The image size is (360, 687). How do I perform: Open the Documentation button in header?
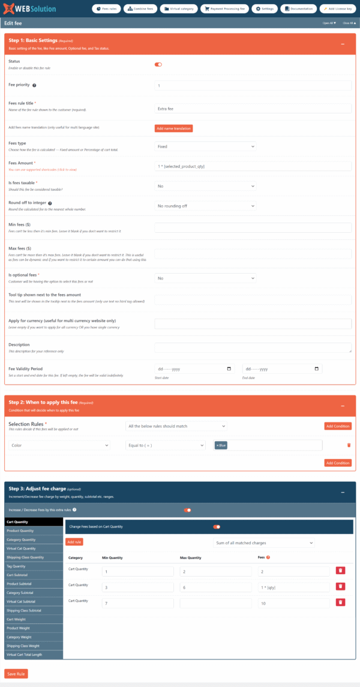[x=298, y=9]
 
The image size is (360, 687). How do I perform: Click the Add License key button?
[x=337, y=9]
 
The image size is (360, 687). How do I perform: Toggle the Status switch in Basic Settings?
[x=158, y=64]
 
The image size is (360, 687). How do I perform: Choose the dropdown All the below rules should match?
[x=176, y=426]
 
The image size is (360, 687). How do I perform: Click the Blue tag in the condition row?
[x=221, y=445]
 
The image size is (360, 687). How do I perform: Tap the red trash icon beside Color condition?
[x=349, y=445]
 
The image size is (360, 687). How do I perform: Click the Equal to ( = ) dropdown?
[x=166, y=445]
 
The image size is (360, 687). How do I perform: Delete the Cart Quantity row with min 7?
[x=340, y=602]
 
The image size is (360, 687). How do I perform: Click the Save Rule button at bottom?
[x=16, y=673]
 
